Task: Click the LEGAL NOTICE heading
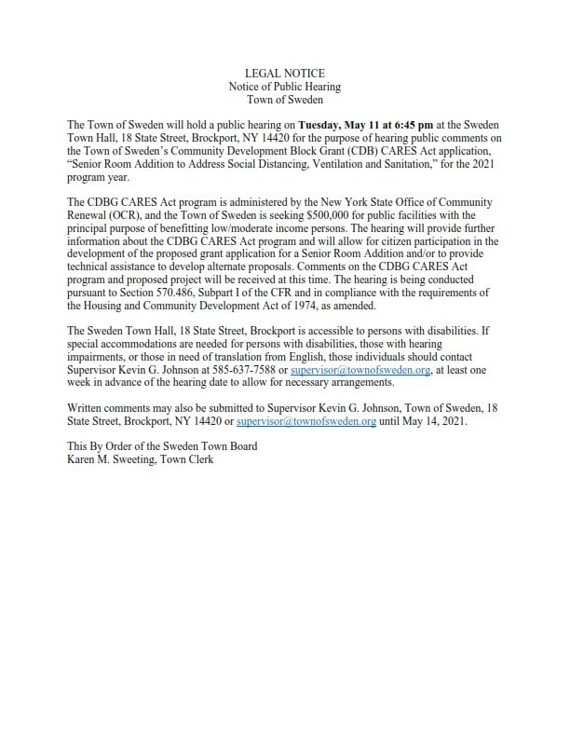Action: tap(284, 73)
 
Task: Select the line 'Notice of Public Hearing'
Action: tap(284, 87)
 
